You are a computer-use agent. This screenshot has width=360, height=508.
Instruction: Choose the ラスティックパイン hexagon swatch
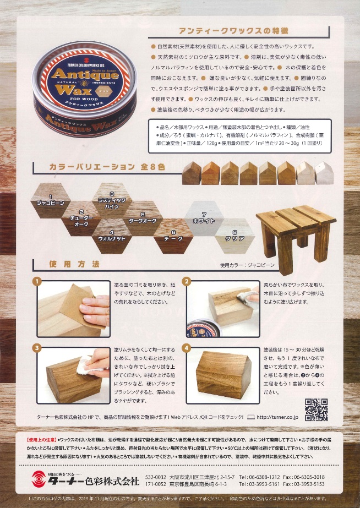[x=112, y=200]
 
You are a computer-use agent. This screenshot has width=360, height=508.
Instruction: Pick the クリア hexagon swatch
[x=234, y=234]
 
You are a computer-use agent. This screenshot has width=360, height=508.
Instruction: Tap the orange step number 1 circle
[x=36, y=282]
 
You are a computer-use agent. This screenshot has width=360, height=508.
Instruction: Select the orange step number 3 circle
[x=36, y=348]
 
